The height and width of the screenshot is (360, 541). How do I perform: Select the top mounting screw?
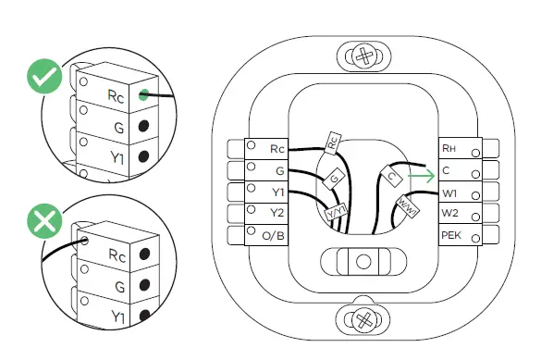(x=365, y=56)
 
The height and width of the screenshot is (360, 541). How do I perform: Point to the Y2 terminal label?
(x=277, y=212)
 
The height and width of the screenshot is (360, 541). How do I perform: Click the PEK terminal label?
(x=451, y=236)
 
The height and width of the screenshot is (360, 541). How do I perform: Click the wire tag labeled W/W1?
(x=408, y=203)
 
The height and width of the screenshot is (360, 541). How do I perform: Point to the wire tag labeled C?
(x=392, y=175)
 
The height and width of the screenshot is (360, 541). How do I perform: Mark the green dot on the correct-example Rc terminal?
(x=144, y=93)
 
